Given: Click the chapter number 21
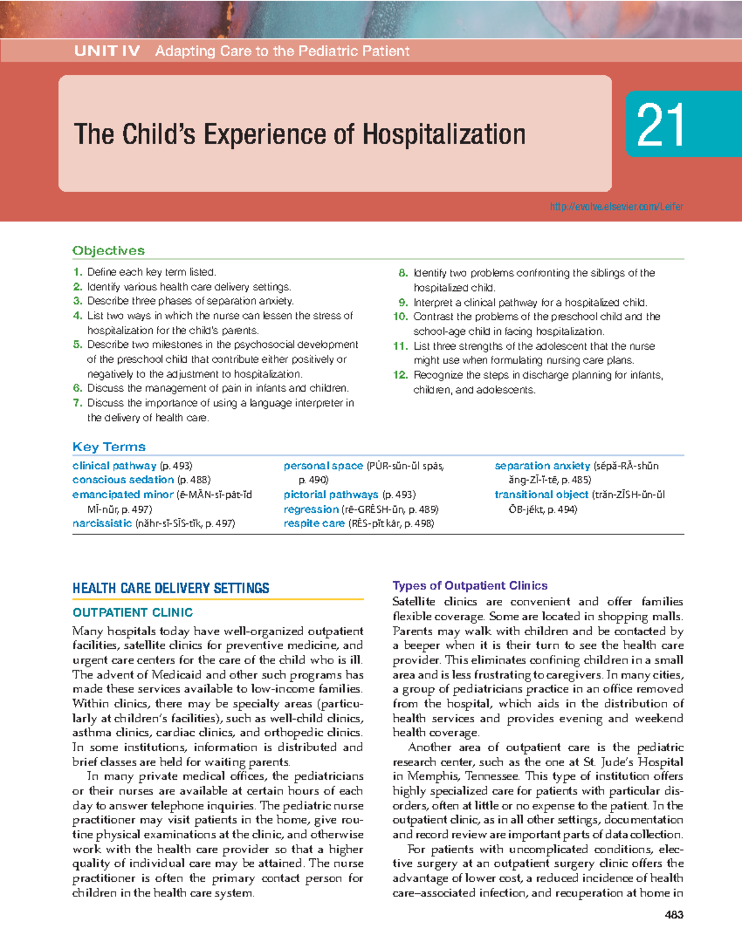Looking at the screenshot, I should tap(660, 125).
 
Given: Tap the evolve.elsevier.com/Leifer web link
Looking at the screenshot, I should tap(616, 206).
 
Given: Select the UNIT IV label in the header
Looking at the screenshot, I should tap(107, 51).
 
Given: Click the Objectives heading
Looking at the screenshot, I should tap(108, 250).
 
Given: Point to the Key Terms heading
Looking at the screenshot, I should tap(109, 447).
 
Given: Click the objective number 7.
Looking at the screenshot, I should tap(77, 403).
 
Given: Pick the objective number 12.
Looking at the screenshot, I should tap(400, 375).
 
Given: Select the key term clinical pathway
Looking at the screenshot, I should tap(114, 466).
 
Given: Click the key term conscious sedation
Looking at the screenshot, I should tap(123, 479).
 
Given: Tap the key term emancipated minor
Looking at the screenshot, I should tap(122, 494).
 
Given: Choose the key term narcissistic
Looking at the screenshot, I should tap(102, 523).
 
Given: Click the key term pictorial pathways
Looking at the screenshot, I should tap(331, 494).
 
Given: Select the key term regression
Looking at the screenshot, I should tap(311, 509).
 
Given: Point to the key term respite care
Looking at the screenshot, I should tap(314, 523).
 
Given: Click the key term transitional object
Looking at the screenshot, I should tap(541, 494).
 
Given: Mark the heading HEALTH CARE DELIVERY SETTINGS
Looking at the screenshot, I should tap(171, 588).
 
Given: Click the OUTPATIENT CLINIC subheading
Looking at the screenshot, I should tap(132, 612).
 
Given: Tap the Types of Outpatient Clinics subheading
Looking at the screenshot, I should tap(470, 586).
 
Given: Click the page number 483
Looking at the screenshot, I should tap(673, 915).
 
